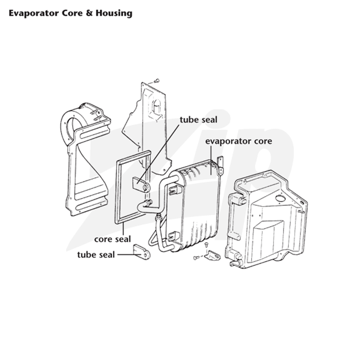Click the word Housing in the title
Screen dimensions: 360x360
(x=114, y=13)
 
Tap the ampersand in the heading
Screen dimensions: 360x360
(x=89, y=13)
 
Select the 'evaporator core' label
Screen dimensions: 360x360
(x=238, y=141)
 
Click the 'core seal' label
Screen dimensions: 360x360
(x=112, y=239)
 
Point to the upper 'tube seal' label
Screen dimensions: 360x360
(x=198, y=120)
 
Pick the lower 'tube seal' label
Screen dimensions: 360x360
(x=96, y=255)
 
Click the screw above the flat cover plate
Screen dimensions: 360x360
(x=156, y=81)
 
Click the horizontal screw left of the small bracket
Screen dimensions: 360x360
(x=197, y=257)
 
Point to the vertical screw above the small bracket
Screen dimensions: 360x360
(x=206, y=245)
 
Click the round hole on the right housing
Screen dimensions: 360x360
(x=280, y=198)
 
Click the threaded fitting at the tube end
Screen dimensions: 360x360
(x=149, y=202)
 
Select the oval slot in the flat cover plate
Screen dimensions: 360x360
(x=157, y=106)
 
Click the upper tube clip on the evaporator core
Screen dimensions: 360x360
(x=175, y=189)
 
